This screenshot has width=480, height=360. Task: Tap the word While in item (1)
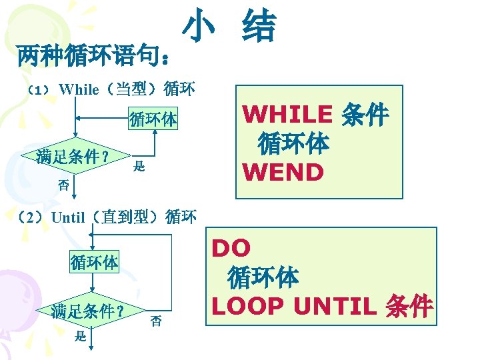[x=79, y=89]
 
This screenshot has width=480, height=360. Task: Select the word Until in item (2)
[x=68, y=217]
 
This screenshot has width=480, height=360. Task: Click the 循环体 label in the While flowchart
[x=153, y=120]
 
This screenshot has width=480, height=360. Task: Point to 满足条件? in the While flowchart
[x=74, y=157]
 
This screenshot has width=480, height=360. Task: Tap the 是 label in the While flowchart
[x=139, y=166]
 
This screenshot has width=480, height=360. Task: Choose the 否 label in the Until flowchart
[x=155, y=320]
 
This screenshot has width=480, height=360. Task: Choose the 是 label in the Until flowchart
[x=80, y=337]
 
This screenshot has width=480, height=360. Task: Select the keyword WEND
[x=283, y=172]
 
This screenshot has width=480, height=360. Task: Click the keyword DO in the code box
[x=231, y=249]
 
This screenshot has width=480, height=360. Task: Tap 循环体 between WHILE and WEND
[x=293, y=143]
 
